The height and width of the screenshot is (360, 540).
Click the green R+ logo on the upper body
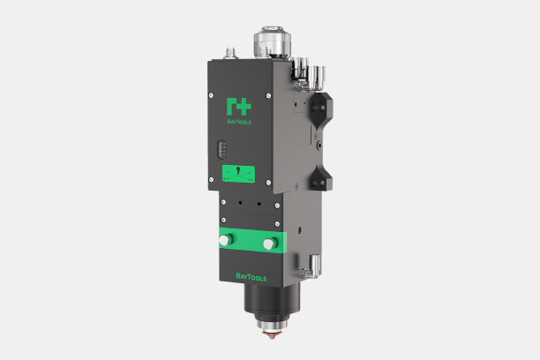click(239, 107)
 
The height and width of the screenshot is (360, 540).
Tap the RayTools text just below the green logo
click(239, 122)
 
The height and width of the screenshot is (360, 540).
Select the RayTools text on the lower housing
click(251, 277)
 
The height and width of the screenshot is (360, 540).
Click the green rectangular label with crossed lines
click(238, 174)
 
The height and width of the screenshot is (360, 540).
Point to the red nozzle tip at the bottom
click(272, 334)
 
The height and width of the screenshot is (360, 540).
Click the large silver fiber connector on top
click(272, 41)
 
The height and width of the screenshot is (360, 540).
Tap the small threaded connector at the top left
click(231, 54)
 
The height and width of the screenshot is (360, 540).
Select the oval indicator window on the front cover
click(221, 149)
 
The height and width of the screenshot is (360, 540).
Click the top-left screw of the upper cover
click(211, 95)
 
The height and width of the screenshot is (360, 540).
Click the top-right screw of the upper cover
click(268, 96)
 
